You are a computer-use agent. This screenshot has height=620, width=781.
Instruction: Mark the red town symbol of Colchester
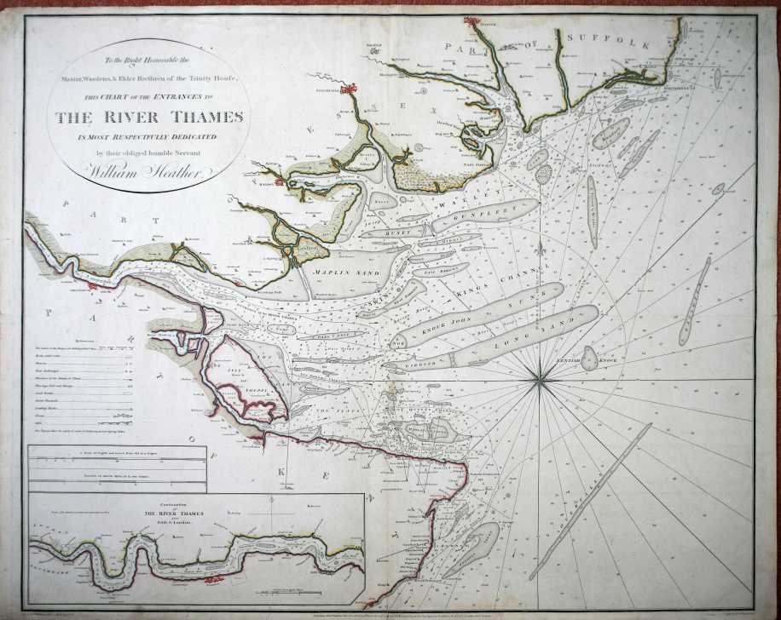point(347,87)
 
